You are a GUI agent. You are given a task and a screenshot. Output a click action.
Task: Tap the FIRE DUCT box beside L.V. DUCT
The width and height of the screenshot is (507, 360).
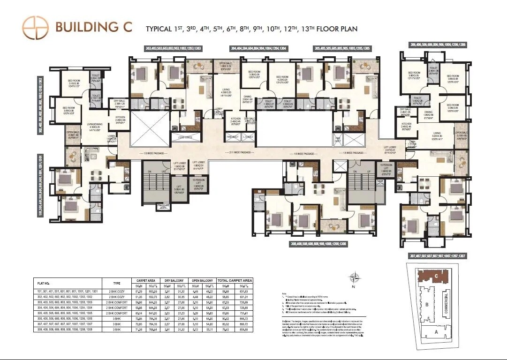point(233,137)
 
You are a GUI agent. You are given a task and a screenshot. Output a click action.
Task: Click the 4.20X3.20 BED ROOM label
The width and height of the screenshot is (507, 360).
point(282,78)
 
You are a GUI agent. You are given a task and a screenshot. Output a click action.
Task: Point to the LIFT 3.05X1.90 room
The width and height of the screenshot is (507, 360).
point(178,190)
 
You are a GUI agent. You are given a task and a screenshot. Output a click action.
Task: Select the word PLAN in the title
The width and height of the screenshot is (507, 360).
point(346,29)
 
